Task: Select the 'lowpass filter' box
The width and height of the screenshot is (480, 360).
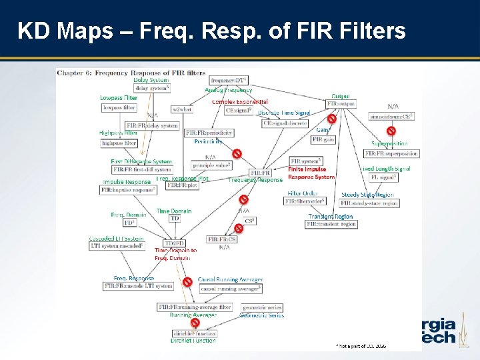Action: [x=119, y=107]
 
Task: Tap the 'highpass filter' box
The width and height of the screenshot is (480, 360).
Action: [x=119, y=143]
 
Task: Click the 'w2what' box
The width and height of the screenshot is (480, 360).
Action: [x=182, y=109]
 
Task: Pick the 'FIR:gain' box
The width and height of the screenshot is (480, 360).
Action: [x=323, y=139]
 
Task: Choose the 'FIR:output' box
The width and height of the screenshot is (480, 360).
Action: [x=340, y=105]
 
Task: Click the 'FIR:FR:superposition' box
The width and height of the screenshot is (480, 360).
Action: [x=392, y=153]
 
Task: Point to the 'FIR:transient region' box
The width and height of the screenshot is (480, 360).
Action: [x=331, y=225]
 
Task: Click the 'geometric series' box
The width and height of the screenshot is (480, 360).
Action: [x=261, y=307]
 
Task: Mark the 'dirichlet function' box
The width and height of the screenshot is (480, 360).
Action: [x=193, y=333]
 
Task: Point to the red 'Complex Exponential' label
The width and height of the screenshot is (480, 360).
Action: [x=240, y=102]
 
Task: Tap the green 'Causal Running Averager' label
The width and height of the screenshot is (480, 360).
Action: [x=231, y=280]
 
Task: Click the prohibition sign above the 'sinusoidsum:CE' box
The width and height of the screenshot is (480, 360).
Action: [x=391, y=131]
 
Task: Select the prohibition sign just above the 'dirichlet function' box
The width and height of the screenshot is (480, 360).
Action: [x=195, y=323]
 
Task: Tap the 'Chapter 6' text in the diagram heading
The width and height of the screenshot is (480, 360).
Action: [x=73, y=72]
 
